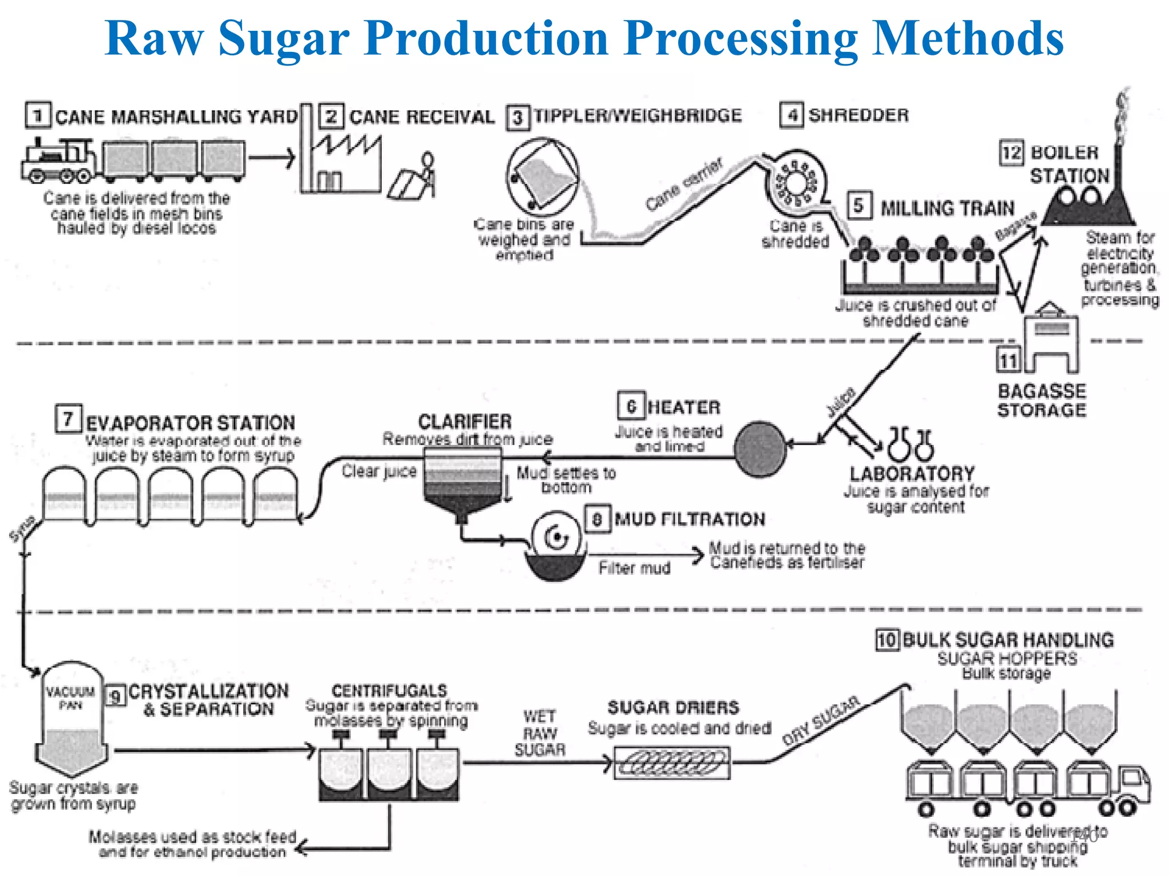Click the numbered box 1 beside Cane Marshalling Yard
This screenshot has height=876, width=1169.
(x=38, y=115)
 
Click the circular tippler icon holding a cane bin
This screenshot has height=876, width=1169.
(x=542, y=176)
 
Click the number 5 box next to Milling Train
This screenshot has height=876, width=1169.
(x=859, y=206)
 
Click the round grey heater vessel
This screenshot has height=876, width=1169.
(x=760, y=449)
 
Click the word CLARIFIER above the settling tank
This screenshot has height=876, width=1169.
(x=465, y=422)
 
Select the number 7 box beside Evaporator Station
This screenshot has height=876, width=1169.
(x=68, y=419)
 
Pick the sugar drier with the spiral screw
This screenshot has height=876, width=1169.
(x=672, y=763)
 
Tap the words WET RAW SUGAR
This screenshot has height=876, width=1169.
(x=539, y=733)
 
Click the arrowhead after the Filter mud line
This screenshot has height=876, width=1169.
(x=697, y=554)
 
